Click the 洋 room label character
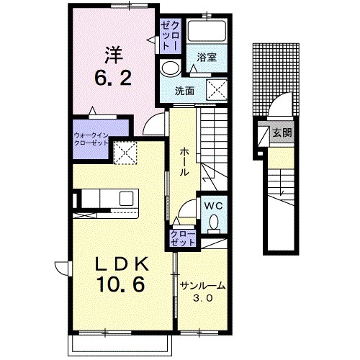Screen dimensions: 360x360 point(114,55)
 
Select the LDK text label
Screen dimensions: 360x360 point(122,264)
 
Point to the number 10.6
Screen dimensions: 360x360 point(121,284)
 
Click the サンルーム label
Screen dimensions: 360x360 point(203,286)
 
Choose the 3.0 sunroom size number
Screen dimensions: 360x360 point(203,298)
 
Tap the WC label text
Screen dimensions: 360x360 point(213,206)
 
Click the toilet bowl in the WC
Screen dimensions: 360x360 point(214,222)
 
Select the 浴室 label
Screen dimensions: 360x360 point(207,58)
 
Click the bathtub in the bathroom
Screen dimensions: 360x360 point(207,31)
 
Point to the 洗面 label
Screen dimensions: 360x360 point(184,91)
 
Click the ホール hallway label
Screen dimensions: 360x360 point(184,162)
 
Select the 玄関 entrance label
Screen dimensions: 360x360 point(282,132)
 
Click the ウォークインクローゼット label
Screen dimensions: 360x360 point(91,139)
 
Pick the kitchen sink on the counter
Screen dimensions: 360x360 point(126,198)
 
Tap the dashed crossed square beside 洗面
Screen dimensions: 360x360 point(217,89)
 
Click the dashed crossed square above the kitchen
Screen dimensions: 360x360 point(125,153)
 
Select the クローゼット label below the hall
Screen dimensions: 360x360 point(183,238)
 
